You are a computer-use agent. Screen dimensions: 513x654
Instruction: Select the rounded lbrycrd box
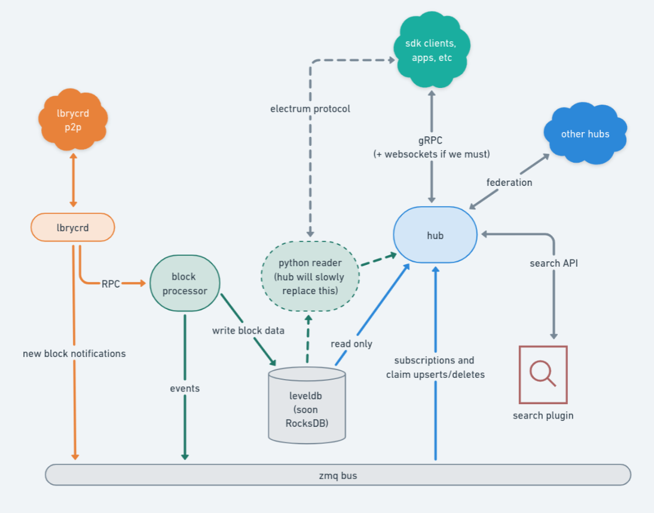72,227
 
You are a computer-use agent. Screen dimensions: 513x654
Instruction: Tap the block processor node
185,283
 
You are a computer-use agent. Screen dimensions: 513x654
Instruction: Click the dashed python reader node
310,276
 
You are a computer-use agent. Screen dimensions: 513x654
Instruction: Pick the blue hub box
435,235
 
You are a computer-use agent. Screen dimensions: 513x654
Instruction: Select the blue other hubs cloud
585,134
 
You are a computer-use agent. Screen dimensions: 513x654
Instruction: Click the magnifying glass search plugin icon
543,374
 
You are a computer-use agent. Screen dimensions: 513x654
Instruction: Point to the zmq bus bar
338,475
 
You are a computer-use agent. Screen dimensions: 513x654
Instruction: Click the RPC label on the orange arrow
111,283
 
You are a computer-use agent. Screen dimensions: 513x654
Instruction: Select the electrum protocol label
310,109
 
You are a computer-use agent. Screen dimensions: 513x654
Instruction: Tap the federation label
509,182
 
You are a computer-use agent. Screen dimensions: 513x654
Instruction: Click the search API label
554,263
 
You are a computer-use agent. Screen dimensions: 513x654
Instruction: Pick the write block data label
248,331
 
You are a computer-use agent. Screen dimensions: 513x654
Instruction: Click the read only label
352,344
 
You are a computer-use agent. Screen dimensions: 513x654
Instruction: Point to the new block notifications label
74,353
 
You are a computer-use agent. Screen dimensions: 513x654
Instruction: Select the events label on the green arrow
185,388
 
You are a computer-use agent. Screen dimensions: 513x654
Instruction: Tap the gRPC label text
432,141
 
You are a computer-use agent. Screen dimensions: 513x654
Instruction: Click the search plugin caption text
543,415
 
